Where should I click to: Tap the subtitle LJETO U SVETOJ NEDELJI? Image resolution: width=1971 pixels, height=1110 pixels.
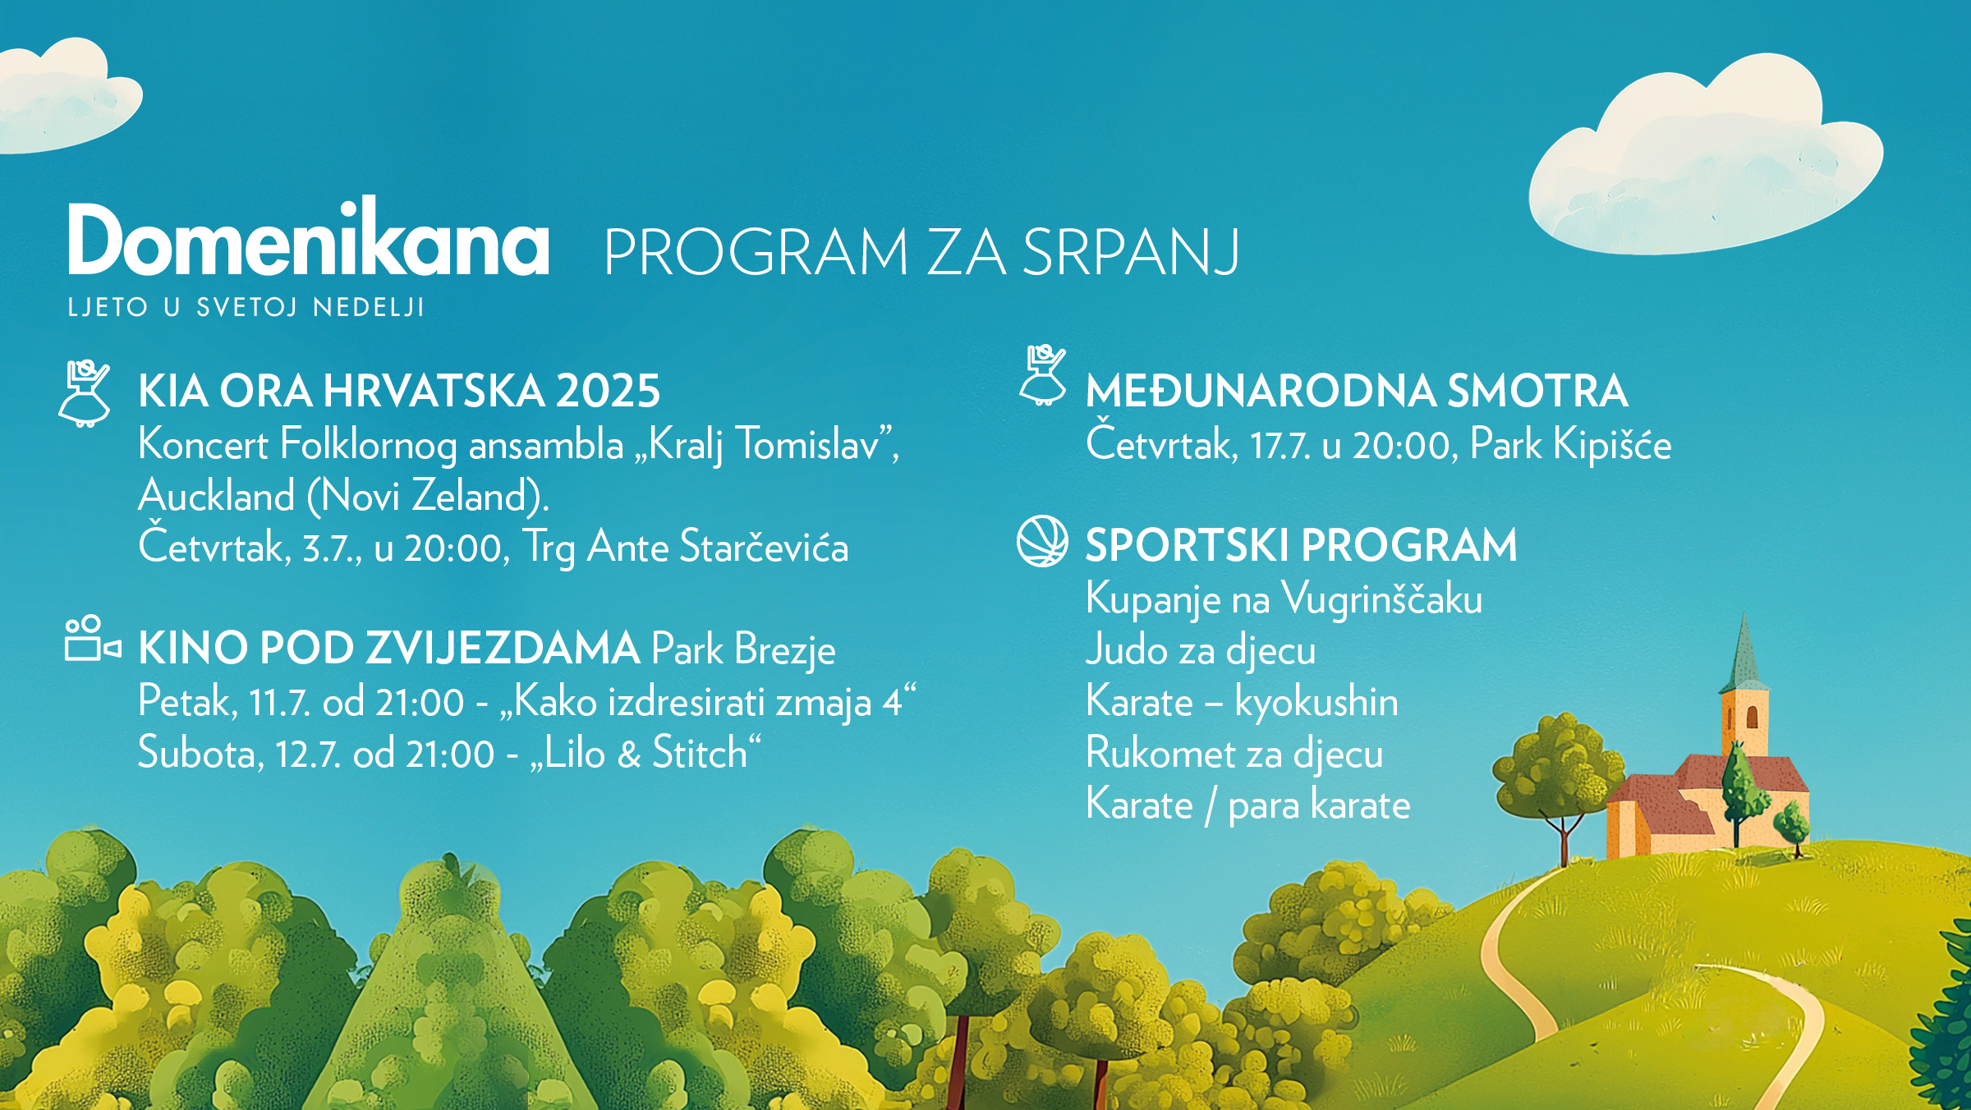(x=246, y=308)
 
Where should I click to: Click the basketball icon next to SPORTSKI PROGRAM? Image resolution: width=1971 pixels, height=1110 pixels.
(x=1042, y=541)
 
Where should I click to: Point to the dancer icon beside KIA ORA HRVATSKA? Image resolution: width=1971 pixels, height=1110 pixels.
(x=85, y=393)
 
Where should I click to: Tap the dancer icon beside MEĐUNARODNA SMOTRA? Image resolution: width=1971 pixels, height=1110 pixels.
(x=1043, y=376)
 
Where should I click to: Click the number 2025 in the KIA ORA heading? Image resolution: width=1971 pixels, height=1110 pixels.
(x=608, y=391)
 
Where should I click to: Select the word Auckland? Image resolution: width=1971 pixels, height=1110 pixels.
(x=217, y=496)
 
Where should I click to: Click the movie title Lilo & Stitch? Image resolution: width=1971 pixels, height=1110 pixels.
(x=646, y=753)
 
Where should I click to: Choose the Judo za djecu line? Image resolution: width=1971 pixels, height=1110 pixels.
(x=1201, y=650)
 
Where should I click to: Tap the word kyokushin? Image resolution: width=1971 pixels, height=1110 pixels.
(x=1316, y=702)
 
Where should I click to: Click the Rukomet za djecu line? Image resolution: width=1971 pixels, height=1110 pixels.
(x=1234, y=754)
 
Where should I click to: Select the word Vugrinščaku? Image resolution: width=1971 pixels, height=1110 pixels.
(x=1382, y=599)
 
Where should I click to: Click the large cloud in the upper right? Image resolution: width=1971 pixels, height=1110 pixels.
(x=1705, y=156)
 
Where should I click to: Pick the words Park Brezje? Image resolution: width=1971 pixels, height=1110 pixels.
(x=743, y=649)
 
